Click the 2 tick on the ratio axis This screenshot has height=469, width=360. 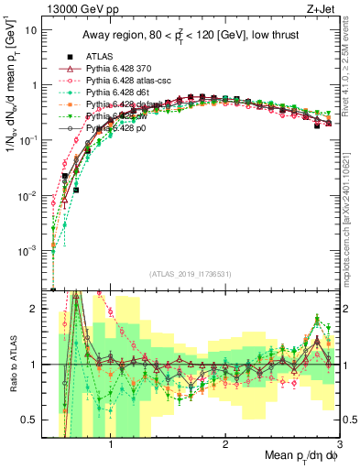coord(42,309)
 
